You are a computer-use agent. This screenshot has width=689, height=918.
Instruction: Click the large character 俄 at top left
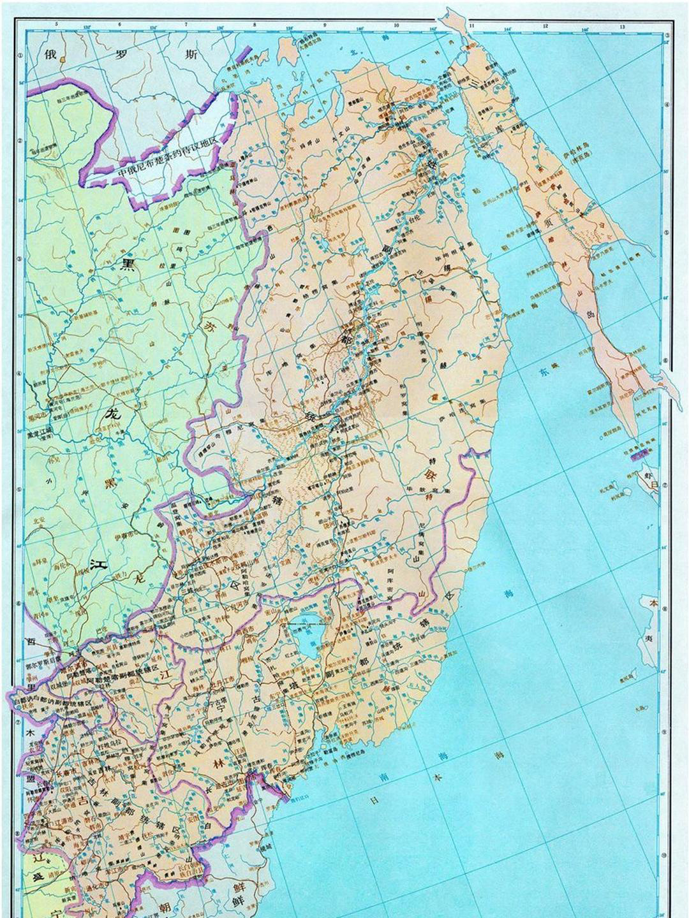[50, 54]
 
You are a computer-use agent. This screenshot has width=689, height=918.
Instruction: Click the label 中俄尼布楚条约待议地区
[167, 164]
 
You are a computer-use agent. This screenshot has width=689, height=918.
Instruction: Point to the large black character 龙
[112, 413]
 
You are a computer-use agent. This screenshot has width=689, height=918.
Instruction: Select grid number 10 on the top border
[396, 25]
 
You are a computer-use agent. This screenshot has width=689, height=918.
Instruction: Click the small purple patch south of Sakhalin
[639, 453]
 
